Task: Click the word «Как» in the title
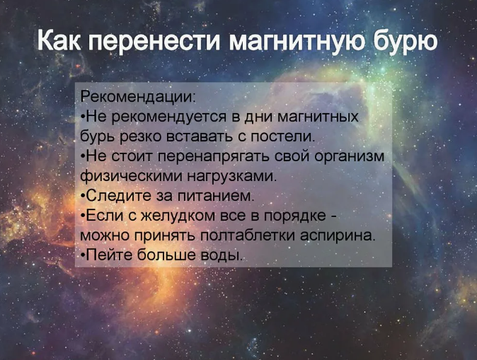(59, 40)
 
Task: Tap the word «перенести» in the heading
(154, 42)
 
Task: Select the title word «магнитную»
(297, 42)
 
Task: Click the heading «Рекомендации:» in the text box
(138, 98)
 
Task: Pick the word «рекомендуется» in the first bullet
(169, 117)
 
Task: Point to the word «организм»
(350, 157)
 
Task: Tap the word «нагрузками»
(232, 177)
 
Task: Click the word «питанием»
(215, 196)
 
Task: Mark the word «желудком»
(178, 216)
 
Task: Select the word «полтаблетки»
(248, 236)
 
